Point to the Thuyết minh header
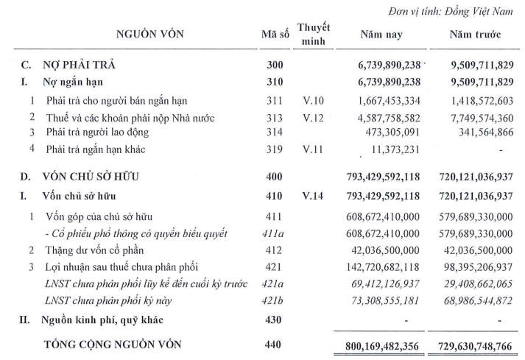[x=314, y=33]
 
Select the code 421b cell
[x=274, y=300]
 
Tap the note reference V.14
[x=314, y=197]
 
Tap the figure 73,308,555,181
[x=379, y=300]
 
